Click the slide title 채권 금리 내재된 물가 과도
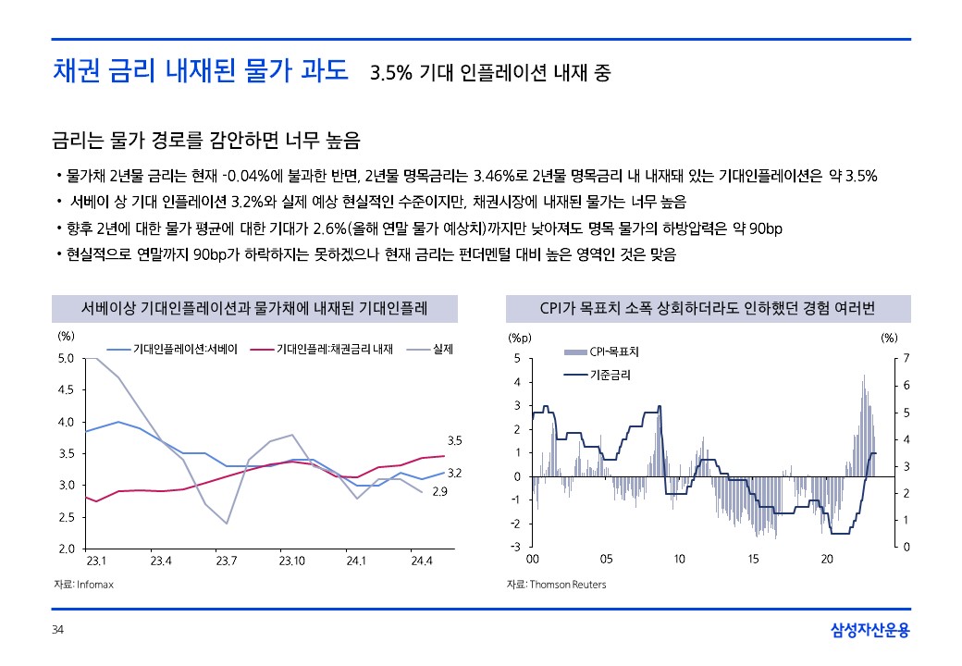tap(200, 70)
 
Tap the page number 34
tap(57, 631)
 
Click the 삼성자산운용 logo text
tap(870, 631)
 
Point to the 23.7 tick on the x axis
tap(227, 561)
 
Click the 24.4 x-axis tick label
tap(422, 561)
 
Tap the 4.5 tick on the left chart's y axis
tap(66, 390)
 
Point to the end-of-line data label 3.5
tap(454, 440)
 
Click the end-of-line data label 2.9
tap(440, 492)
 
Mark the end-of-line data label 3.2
tap(454, 473)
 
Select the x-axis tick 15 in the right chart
tap(754, 560)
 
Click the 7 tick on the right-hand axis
tap(906, 358)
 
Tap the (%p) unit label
tap(521, 339)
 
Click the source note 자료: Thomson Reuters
tap(556, 585)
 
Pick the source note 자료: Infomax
tap(83, 585)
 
